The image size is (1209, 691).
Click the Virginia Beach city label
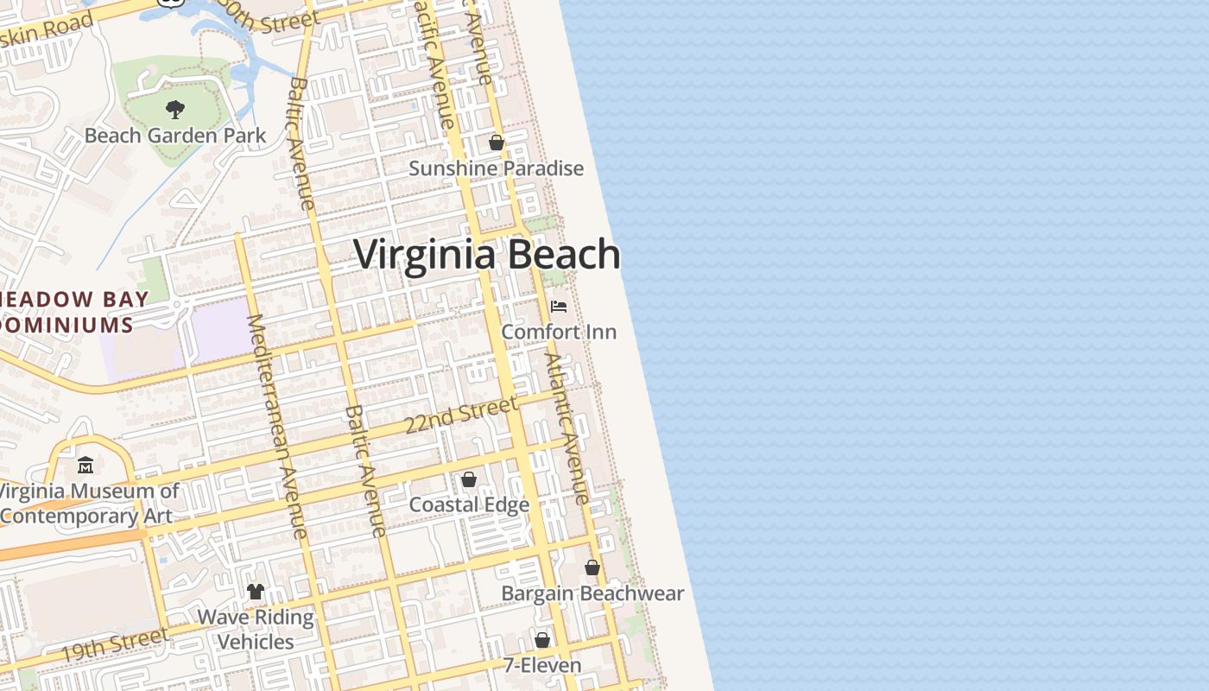487,255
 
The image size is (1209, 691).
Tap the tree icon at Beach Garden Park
175,110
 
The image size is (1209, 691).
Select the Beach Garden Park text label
175,136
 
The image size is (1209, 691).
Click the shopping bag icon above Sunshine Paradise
497,143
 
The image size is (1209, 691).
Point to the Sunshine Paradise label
496,168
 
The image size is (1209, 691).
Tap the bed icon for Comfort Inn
559,307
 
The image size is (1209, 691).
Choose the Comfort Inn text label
559,332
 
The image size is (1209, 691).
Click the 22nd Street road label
462,415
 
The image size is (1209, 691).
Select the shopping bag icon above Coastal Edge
469,479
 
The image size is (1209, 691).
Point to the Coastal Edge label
469,504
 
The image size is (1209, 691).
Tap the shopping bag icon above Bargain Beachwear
592,567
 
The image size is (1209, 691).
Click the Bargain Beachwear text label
592,593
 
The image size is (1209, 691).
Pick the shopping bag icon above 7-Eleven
542,640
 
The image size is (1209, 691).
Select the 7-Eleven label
542,666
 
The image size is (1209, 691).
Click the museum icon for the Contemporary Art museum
85,466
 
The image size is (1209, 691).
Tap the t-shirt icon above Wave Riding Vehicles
256,592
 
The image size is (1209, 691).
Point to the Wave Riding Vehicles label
256,630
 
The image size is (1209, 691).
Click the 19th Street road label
114,645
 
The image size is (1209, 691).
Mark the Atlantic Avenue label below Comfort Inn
567,428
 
